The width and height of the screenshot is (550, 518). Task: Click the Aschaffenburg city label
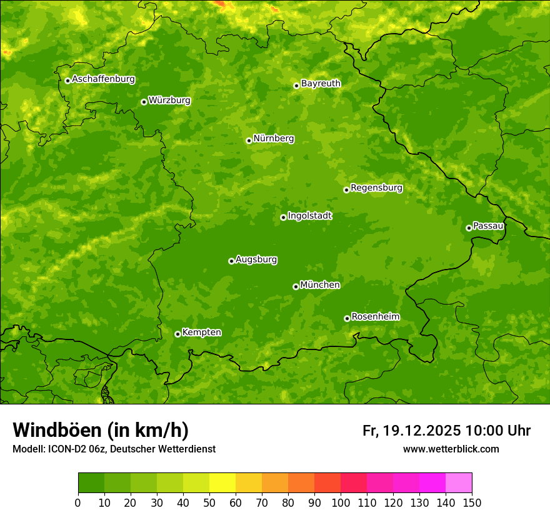coord(103,79)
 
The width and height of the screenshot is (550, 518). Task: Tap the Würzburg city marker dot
coord(144,102)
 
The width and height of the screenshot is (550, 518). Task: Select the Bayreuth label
coord(321,84)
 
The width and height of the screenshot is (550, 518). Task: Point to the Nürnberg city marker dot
coord(249,140)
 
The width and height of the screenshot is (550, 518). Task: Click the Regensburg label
coord(376,188)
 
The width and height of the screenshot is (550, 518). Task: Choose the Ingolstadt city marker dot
coord(283,217)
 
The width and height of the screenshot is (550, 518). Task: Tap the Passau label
coord(488,226)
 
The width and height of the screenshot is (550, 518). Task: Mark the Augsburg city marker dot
coord(231,261)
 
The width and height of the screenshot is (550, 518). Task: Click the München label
coord(320,285)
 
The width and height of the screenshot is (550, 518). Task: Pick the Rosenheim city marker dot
coord(347,318)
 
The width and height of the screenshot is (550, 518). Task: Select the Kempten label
coord(201,333)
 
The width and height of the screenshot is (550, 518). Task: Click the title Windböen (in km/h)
coord(101,431)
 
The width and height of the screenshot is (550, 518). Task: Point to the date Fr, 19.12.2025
coord(411,431)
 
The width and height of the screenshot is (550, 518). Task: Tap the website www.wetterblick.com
coord(451,449)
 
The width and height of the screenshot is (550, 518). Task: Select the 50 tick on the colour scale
coord(209,502)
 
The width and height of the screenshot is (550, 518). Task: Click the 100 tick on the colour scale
coord(341,502)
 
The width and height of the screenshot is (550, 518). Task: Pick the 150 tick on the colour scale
coord(472,502)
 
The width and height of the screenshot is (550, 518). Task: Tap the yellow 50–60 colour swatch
coord(222,483)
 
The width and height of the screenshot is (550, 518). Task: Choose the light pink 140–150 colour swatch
coord(459,483)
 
